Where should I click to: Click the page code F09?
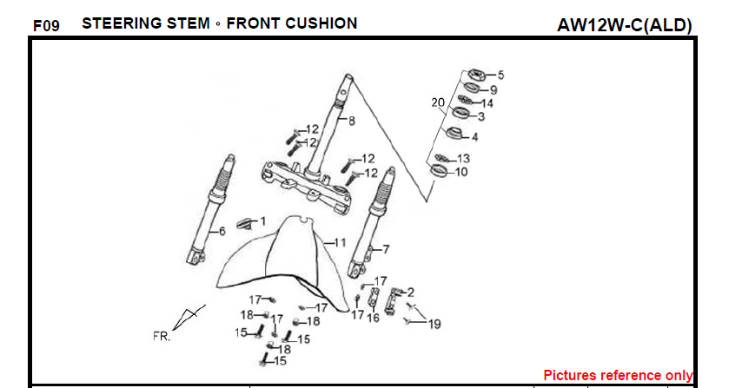(x=45, y=25)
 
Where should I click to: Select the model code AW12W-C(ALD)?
(x=624, y=25)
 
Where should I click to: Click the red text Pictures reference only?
(x=618, y=375)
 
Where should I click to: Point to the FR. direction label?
(x=162, y=336)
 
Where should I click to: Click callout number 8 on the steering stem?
(x=352, y=121)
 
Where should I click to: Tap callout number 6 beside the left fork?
(x=222, y=231)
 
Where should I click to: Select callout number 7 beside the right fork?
(x=386, y=249)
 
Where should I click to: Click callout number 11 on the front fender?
(x=340, y=241)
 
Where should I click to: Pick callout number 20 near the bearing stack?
(x=438, y=102)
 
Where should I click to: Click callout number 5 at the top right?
(x=500, y=75)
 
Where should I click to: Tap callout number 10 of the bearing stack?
(x=461, y=172)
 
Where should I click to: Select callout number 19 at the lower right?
(x=434, y=324)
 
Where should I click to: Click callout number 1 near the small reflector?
(x=263, y=221)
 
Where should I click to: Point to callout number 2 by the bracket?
(x=410, y=293)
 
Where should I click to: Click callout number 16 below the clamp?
(x=374, y=318)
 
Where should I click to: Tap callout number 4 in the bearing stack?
(x=474, y=136)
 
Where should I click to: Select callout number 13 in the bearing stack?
(x=463, y=159)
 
